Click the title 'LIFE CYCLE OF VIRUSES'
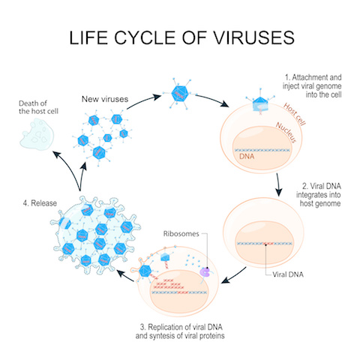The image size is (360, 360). [x=180, y=40]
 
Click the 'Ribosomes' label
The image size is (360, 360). [x=183, y=233]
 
